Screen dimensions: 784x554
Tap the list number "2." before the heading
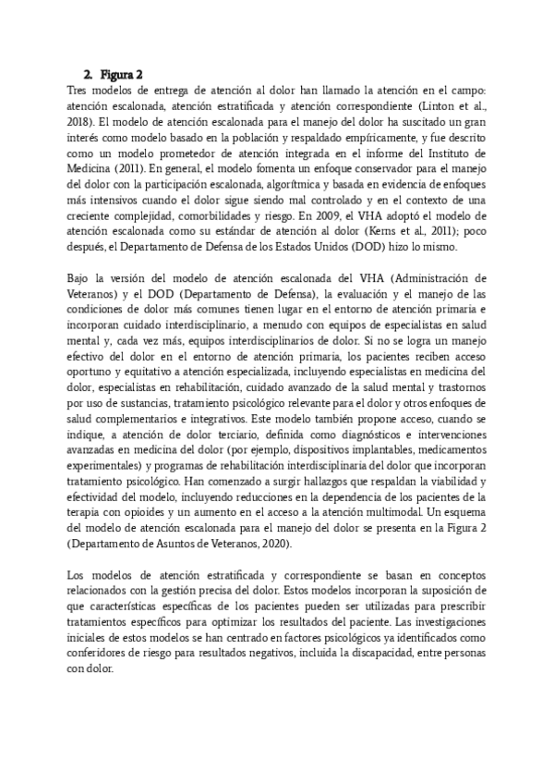(89, 75)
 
